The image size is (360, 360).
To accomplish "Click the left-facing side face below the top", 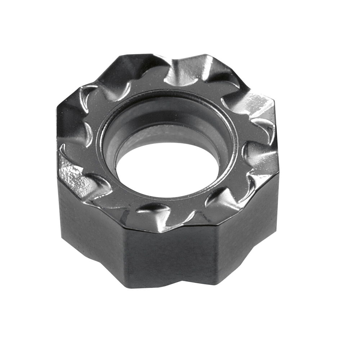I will pos(90,223).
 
